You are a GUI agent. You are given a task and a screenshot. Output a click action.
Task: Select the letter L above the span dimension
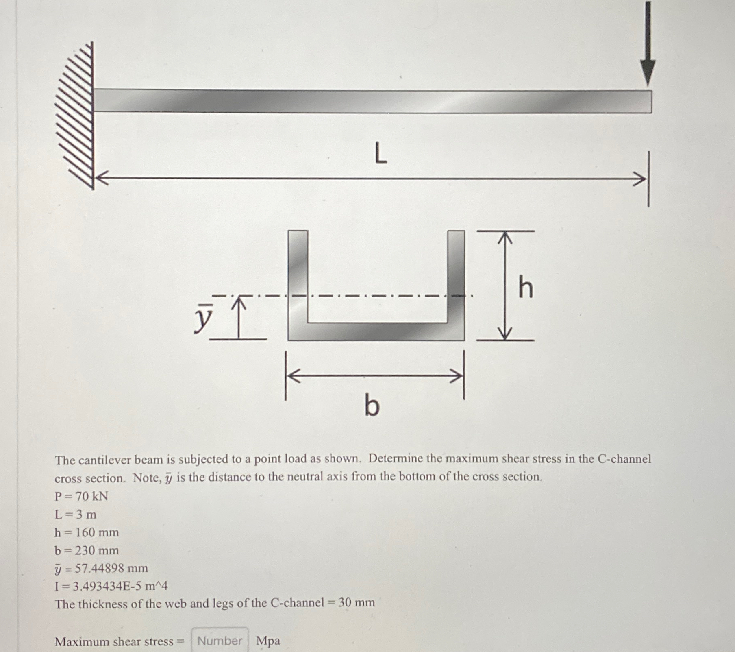tap(380, 155)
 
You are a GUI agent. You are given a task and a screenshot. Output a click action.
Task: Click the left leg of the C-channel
tap(298, 277)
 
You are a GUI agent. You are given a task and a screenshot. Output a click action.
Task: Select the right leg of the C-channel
tap(456, 277)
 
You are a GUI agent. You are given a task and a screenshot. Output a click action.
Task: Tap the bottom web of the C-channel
tap(376, 331)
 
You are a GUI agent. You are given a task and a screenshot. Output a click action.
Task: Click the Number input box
tap(220, 641)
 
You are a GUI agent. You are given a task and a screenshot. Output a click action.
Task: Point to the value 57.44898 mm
tap(111, 568)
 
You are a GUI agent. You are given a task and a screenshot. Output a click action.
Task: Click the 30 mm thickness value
tap(357, 602)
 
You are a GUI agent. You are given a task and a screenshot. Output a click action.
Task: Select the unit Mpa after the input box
tap(268, 641)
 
